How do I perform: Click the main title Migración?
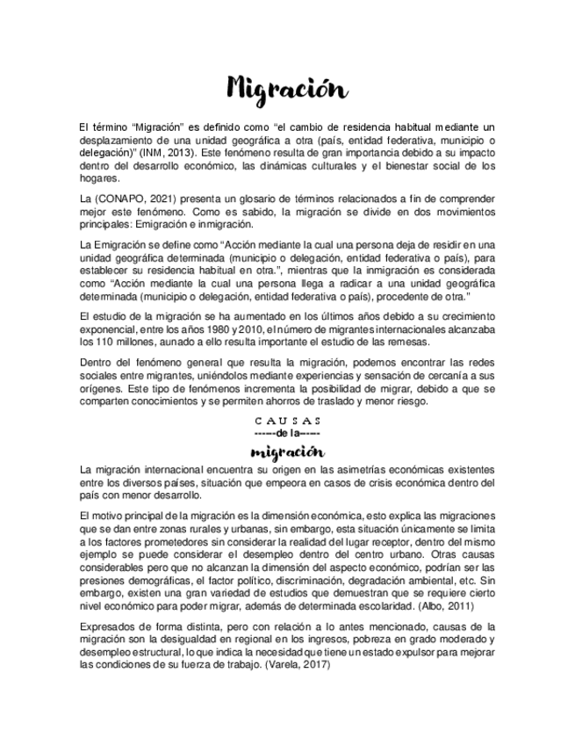(287, 89)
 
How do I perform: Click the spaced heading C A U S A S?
(287, 420)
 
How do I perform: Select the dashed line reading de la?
(287, 433)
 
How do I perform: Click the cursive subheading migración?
(287, 452)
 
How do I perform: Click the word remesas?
(410, 341)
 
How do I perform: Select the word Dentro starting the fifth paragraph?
(97, 363)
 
